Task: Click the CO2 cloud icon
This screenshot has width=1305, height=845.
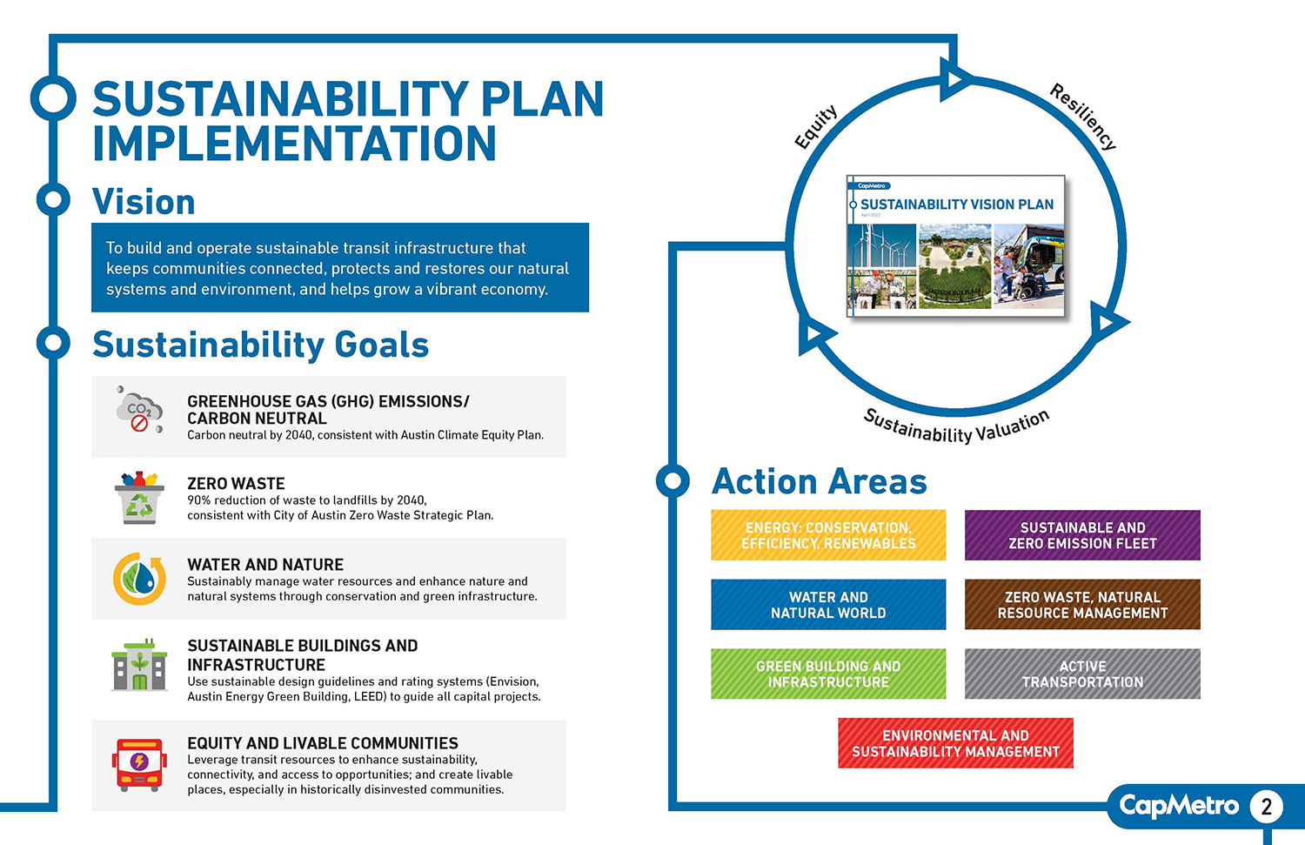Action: point(139,411)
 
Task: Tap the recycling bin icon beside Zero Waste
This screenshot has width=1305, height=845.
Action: point(139,498)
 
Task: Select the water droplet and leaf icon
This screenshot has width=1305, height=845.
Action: point(139,579)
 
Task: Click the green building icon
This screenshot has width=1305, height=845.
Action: point(139,666)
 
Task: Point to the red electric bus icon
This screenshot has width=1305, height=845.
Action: point(139,765)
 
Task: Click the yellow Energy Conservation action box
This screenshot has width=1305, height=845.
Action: point(828,535)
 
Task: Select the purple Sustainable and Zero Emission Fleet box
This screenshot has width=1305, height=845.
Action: point(1082,535)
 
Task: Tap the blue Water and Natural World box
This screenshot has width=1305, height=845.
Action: point(828,605)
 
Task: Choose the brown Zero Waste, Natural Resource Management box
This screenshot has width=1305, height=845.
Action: point(1082,605)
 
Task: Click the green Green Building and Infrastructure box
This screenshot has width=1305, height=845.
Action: point(828,674)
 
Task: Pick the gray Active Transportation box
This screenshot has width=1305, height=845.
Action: point(1082,674)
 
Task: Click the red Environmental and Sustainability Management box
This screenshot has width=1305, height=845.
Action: point(955,743)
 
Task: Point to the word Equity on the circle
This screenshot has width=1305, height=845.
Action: point(816,127)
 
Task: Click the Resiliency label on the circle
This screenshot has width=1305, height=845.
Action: point(1082,117)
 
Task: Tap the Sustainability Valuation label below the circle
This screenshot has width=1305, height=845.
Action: point(956,426)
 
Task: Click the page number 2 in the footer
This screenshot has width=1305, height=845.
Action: point(1266,807)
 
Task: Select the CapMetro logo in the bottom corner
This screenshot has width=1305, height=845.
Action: point(1178,806)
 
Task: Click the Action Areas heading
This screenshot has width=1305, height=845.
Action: point(819,481)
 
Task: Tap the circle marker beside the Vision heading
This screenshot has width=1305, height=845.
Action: point(53,200)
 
